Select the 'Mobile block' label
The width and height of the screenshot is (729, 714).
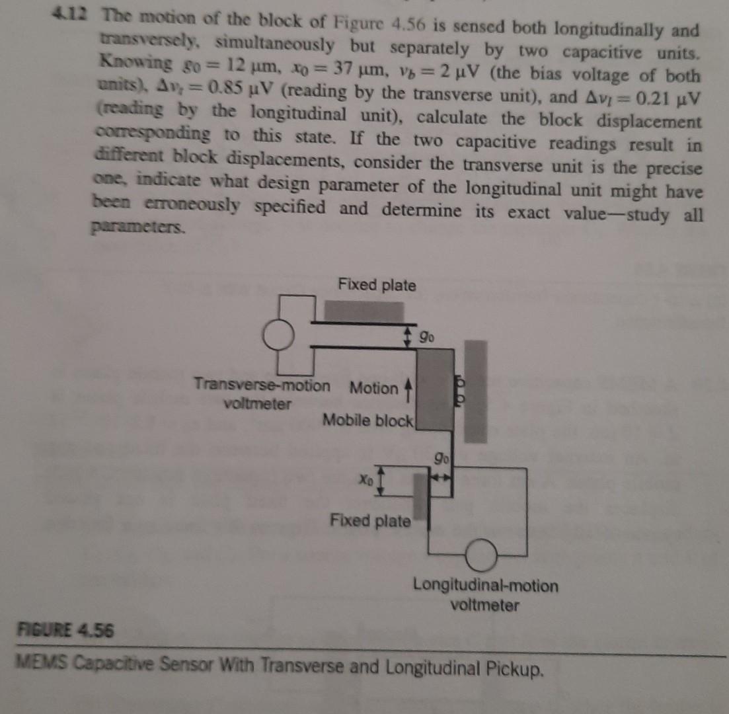pyautogui.click(x=368, y=420)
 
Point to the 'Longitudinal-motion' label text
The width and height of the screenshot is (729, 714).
pyautogui.click(x=486, y=585)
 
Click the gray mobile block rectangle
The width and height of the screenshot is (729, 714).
pyautogui.click(x=434, y=390)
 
